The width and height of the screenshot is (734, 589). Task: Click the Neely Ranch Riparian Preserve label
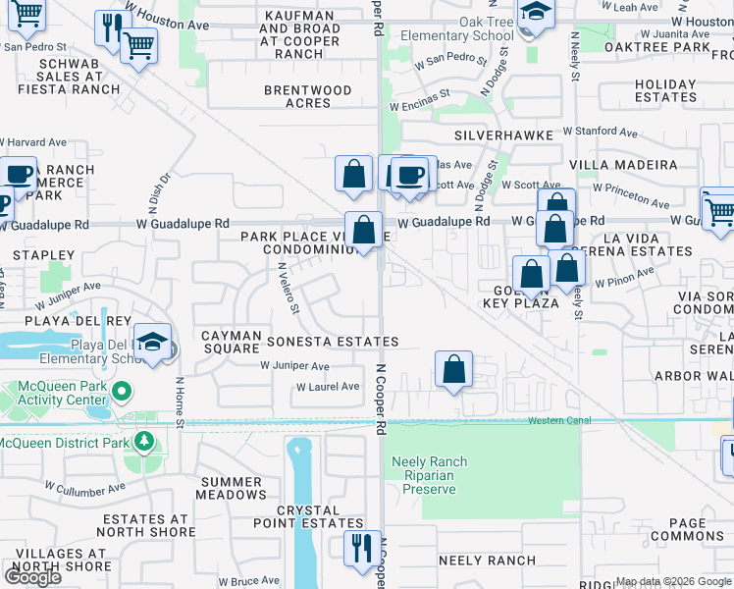429,475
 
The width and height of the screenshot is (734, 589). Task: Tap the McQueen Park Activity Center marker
122,393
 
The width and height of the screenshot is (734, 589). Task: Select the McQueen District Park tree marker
145,443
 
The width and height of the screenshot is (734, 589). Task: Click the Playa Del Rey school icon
152,343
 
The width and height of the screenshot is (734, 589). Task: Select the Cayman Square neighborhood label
230,342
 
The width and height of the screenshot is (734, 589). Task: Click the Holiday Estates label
665,91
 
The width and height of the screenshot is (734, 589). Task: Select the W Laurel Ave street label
328,387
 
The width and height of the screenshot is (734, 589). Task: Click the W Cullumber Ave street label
85,487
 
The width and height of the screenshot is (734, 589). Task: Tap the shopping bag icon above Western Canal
453,371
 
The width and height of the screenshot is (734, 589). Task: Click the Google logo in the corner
32,577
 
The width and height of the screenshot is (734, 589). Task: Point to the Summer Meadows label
233,488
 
